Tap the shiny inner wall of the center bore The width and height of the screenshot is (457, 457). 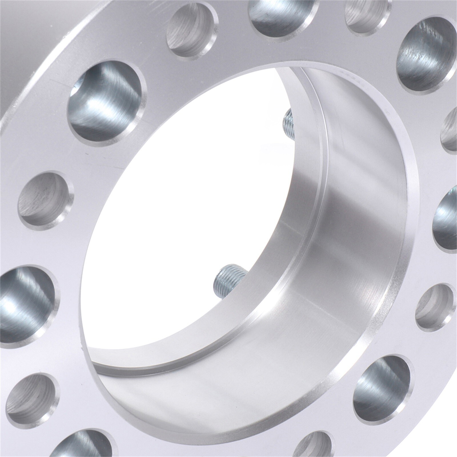click(x=343, y=234)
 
